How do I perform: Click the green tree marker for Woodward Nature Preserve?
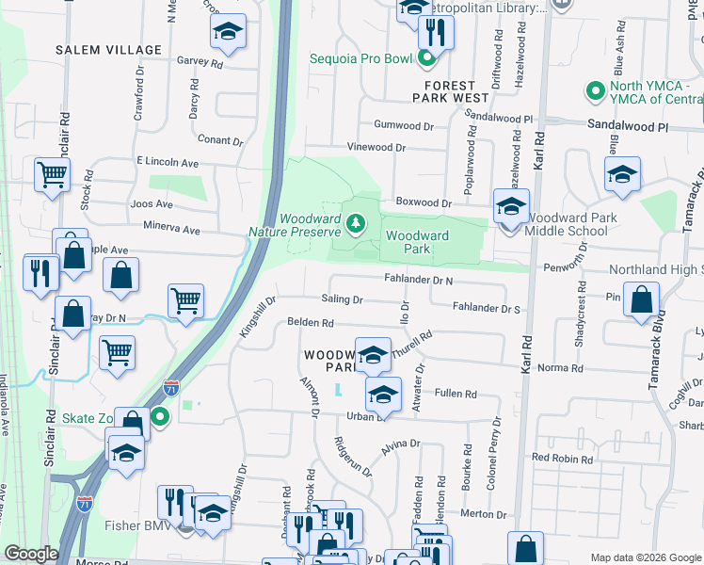356,223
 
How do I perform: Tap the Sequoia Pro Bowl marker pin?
426,59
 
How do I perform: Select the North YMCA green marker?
594,92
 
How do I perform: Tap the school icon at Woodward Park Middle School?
511,207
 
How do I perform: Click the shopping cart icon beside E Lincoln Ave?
52,174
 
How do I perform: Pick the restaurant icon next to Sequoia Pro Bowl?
435,33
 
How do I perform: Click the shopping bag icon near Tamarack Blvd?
641,300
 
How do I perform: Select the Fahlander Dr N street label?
419,280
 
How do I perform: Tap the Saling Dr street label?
344,299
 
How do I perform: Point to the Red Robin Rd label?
562,459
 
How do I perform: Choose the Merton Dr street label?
488,514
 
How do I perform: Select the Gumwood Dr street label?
404,125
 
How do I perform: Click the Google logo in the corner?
31,554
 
